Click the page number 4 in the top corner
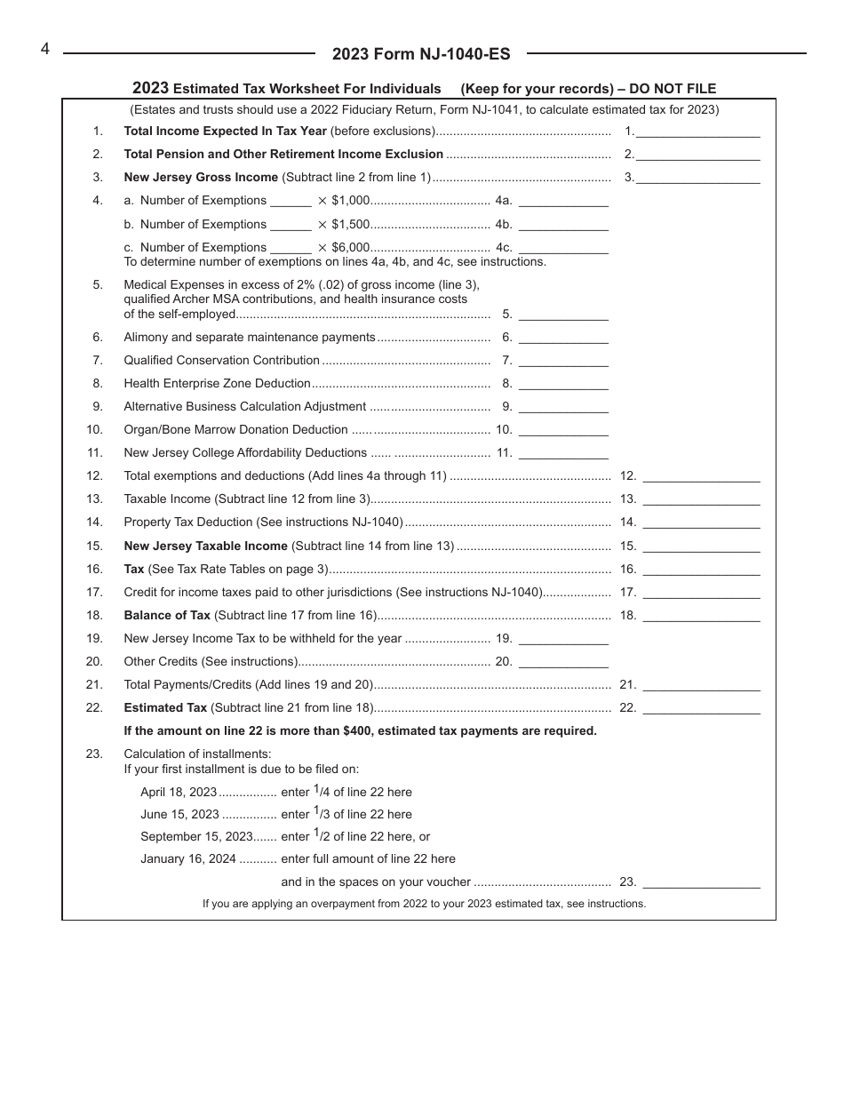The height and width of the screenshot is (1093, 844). [44, 49]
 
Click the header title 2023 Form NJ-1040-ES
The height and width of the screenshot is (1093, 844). [421, 54]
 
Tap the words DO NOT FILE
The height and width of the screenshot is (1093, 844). [670, 89]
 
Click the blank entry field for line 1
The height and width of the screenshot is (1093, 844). [698, 132]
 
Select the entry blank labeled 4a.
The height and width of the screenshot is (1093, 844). [563, 201]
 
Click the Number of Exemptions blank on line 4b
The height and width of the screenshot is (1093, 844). [291, 225]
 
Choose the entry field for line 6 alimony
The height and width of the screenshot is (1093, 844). [563, 338]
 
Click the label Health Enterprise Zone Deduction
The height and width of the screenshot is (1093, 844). [217, 384]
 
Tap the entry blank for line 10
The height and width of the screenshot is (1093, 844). [563, 430]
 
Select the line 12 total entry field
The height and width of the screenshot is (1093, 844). [701, 476]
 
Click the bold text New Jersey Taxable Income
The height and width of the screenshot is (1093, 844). [205, 546]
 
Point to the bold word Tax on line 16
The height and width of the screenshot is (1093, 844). [134, 570]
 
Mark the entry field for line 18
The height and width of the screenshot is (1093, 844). [701, 616]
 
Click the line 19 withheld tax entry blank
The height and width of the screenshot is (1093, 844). [563, 639]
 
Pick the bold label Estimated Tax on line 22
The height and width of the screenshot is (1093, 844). [165, 708]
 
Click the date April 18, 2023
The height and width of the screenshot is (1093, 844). [179, 792]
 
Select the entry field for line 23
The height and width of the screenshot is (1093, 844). [701, 882]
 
